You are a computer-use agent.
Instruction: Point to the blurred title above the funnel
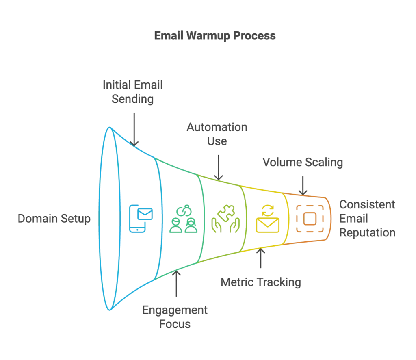(x=215, y=37)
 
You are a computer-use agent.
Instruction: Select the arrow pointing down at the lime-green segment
(x=219, y=165)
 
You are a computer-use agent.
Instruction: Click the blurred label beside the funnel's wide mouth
(x=53, y=219)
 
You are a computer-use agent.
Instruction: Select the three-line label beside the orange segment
(x=367, y=219)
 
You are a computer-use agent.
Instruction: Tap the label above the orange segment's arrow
(x=303, y=163)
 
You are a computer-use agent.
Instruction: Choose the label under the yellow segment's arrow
(x=261, y=282)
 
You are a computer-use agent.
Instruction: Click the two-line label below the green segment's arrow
(x=174, y=317)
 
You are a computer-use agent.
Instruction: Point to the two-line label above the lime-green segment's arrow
(x=218, y=134)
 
